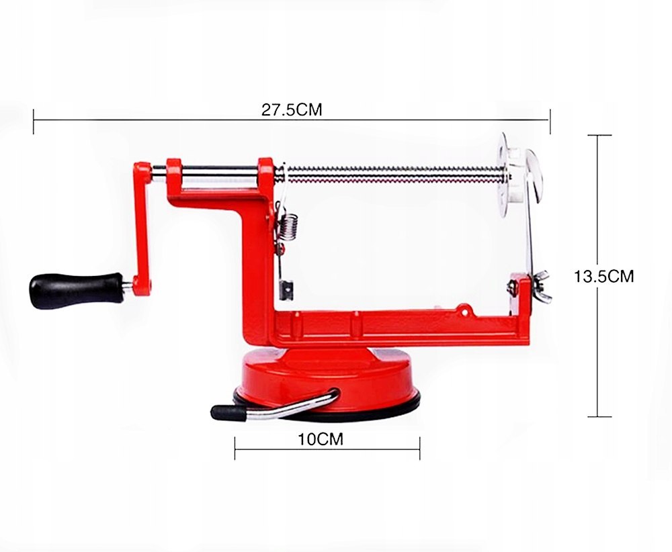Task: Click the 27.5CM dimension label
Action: (292, 110)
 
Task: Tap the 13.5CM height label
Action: (603, 276)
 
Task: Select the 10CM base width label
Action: (321, 439)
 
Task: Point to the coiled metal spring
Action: (289, 227)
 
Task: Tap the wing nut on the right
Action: (541, 286)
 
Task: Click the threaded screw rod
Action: (394, 175)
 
